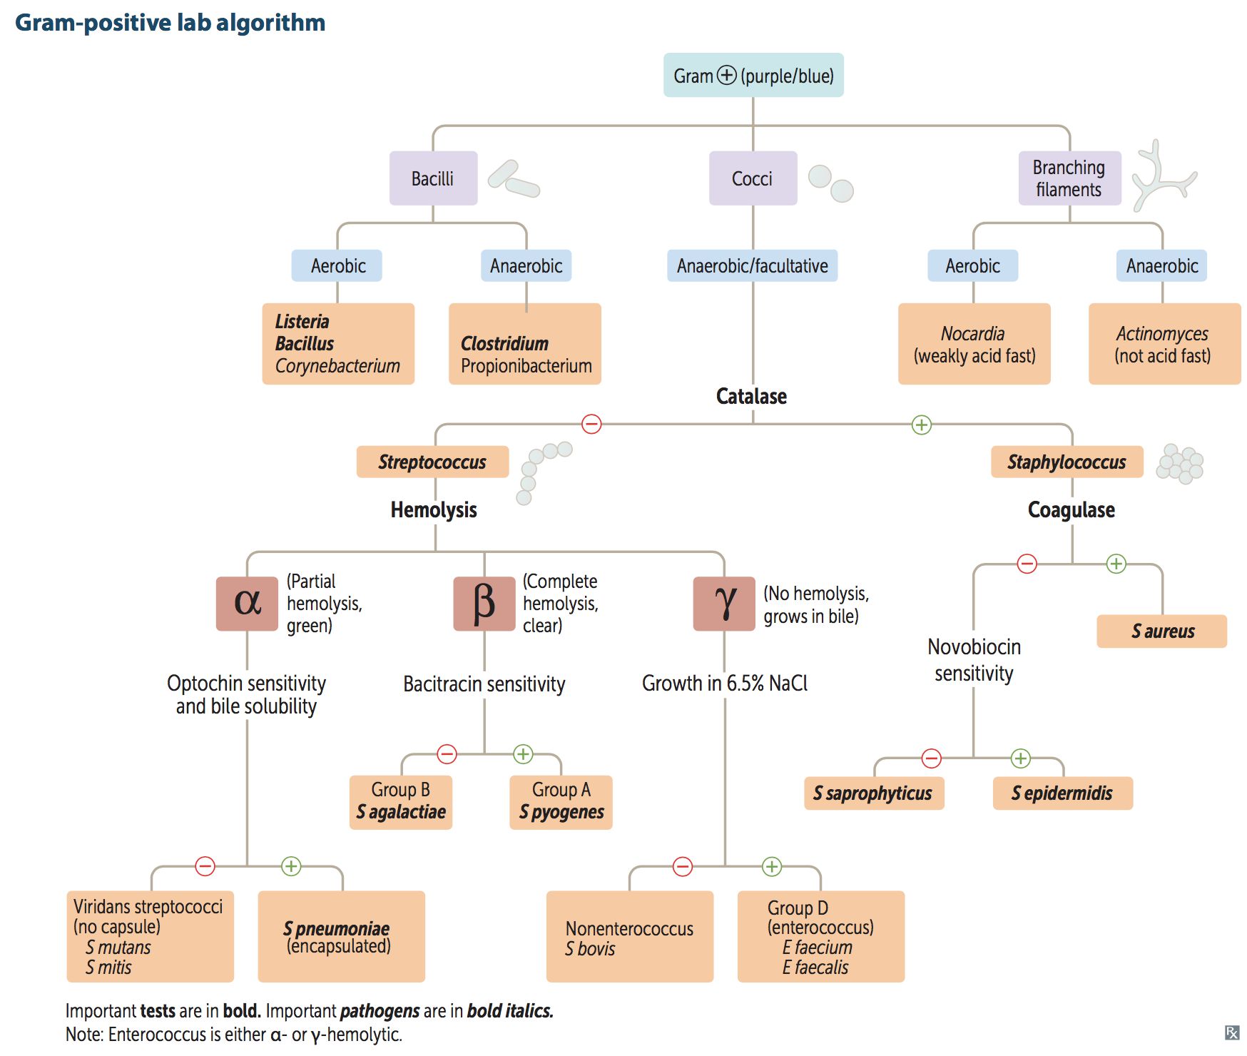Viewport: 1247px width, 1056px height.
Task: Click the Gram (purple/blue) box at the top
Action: point(753,75)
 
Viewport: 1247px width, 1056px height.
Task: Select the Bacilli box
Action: point(433,178)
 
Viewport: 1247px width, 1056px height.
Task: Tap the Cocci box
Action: point(753,178)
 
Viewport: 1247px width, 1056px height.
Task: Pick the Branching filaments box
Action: point(1069,178)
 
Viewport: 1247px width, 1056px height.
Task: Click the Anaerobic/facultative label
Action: point(752,266)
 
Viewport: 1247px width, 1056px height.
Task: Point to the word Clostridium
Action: point(504,343)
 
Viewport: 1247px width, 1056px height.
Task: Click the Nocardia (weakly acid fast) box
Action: point(974,344)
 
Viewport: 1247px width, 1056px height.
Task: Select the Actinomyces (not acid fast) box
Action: point(1164,344)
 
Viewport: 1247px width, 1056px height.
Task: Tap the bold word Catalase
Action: point(751,396)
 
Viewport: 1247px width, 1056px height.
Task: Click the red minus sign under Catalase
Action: point(591,425)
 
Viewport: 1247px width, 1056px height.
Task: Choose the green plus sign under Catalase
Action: point(921,425)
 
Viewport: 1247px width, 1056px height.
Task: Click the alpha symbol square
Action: point(247,604)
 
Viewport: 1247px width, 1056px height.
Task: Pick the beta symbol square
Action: point(484,604)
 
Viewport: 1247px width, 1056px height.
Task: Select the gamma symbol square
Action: point(724,604)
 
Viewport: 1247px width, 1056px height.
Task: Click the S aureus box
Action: point(1161,631)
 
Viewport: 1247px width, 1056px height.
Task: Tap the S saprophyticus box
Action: point(873,793)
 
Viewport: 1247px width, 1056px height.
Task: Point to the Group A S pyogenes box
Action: point(561,802)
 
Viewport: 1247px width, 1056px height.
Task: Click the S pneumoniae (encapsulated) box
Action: point(341,936)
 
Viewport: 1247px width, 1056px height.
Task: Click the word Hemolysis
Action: point(434,509)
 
